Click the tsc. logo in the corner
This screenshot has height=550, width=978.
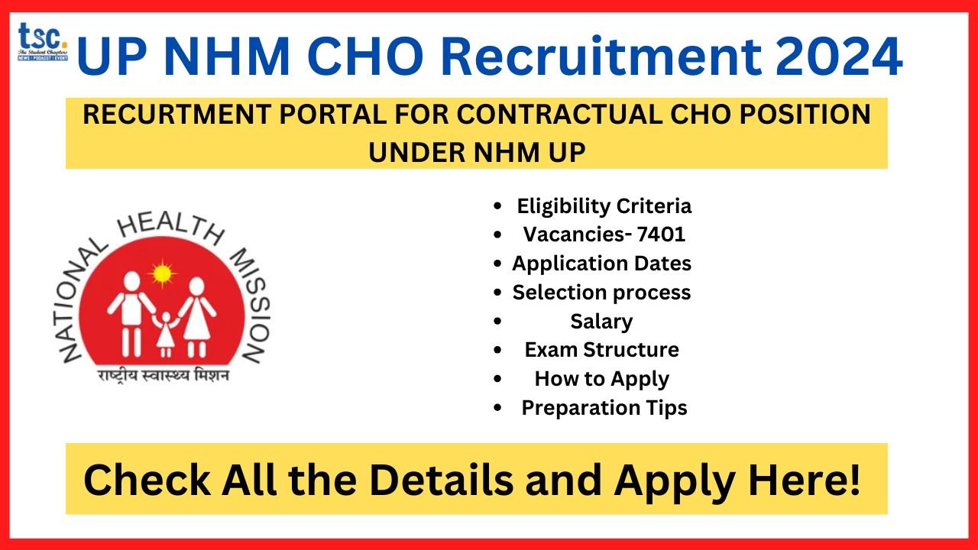point(43,42)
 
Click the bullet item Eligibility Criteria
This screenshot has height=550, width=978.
point(604,206)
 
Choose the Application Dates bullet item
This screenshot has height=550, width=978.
point(601,264)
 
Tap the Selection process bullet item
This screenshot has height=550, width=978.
point(601,293)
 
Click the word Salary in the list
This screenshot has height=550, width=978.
point(601,322)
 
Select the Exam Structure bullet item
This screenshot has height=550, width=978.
point(601,350)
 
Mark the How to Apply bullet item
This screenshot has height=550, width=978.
point(601,379)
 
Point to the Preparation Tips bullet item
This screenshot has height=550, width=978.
point(604,408)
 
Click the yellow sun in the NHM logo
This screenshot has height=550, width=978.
point(163,273)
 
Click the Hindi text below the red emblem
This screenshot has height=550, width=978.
point(162,376)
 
